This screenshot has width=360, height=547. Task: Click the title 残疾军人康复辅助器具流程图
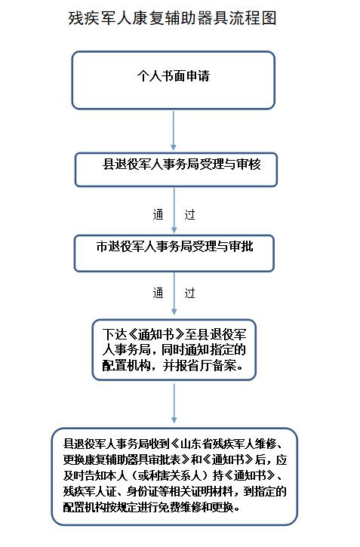[173, 18]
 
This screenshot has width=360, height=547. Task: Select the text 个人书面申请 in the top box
[174, 75]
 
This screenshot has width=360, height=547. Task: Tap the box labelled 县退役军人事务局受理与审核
[176, 170]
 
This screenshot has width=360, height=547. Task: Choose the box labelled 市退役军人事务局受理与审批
[174, 254]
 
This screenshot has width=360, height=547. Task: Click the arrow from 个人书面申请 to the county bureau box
[174, 131]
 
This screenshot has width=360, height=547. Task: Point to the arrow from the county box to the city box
[174, 211]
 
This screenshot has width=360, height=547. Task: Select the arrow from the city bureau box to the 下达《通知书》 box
[174, 293]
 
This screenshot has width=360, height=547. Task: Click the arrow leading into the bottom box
[174, 404]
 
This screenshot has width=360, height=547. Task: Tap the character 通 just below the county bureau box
[158, 214]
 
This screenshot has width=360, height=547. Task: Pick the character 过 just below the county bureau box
[189, 214]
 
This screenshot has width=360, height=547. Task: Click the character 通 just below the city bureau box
[158, 293]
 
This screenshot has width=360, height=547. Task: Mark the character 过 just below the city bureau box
[189, 293]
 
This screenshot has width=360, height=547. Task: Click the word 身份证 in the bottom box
[142, 491]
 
